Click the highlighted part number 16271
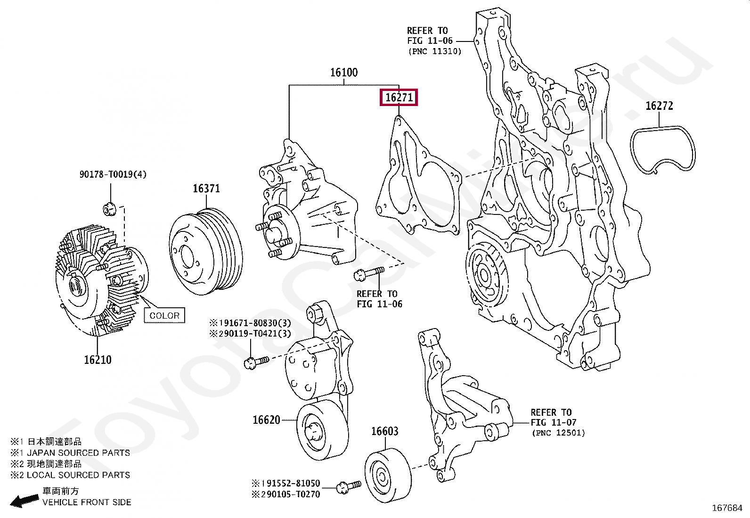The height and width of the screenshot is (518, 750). [x=399, y=98]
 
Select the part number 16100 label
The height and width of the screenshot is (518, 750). [x=344, y=73]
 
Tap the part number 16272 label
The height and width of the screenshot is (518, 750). [x=659, y=106]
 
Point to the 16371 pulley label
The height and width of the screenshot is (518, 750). [x=206, y=189]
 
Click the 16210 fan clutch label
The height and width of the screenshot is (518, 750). [x=98, y=360]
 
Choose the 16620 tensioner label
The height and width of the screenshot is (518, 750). [x=266, y=420]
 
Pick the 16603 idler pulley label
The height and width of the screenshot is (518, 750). [x=385, y=431]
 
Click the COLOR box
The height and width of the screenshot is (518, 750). [x=164, y=316]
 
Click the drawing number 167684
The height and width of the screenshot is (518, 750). [x=727, y=508]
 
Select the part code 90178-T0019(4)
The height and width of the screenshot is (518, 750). [x=113, y=174]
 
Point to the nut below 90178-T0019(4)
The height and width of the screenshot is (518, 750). [x=109, y=209]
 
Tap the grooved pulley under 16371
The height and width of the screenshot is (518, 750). [x=205, y=252]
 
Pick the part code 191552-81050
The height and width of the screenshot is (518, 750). [x=286, y=483]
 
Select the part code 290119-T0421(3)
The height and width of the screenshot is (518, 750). [x=250, y=334]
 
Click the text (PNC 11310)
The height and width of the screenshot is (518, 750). [x=435, y=51]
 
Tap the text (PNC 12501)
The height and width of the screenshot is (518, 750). [x=558, y=433]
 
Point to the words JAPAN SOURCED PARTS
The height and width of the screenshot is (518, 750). [x=78, y=453]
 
